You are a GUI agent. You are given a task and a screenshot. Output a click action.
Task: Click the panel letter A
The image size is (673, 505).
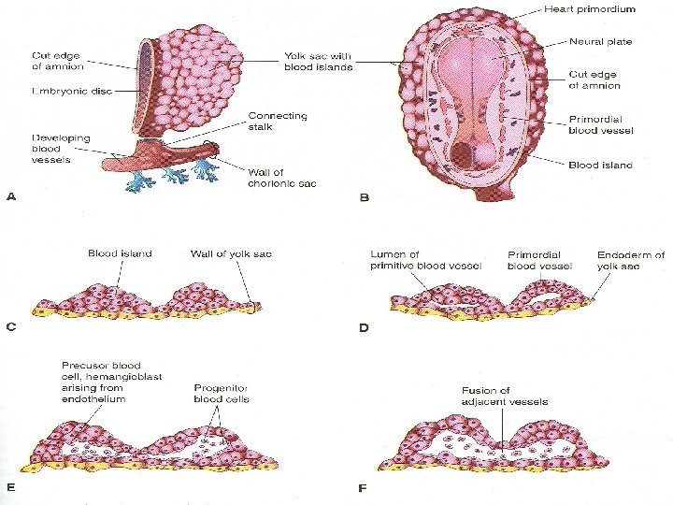pyautogui.click(x=11, y=197)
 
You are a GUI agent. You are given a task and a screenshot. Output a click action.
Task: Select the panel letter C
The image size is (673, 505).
pyautogui.click(x=11, y=326)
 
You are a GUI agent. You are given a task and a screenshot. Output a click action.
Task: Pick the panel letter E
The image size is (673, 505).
pyautogui.click(x=11, y=485)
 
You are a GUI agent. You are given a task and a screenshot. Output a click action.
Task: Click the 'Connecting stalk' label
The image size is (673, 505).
pyautogui.click(x=272, y=122)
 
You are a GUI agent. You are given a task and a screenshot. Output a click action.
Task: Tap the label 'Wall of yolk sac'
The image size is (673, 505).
pyautogui.click(x=231, y=252)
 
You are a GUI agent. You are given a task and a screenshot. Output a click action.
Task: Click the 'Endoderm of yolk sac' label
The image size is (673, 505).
pyautogui.click(x=631, y=259)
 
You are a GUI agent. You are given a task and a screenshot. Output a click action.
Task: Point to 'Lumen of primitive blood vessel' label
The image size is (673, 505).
pyautogui.click(x=426, y=259)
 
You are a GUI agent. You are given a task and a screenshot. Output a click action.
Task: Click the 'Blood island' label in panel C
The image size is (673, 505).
pyautogui.click(x=121, y=252)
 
